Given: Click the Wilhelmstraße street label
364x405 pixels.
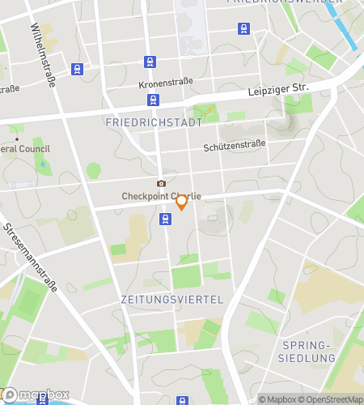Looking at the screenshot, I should tap(43, 55).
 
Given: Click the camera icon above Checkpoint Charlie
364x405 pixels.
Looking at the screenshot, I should tap(161, 184).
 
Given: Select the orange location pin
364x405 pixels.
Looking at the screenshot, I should tap(182, 202).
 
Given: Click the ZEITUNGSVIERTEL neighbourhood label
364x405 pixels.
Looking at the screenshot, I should tap(171, 299).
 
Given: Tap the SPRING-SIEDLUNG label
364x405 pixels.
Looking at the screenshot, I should tap(307, 352).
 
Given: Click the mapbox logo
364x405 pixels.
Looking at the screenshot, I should tap(35, 395).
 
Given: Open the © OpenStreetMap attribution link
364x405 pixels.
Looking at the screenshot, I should tap(332, 399).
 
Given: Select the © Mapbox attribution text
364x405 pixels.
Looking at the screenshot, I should tap(277, 399).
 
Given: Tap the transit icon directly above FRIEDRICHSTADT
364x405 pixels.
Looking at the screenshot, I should tap(154, 100).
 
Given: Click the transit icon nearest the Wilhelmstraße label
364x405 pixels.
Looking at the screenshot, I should tap(77, 70).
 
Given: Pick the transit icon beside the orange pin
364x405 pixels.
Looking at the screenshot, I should tap(165, 218).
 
